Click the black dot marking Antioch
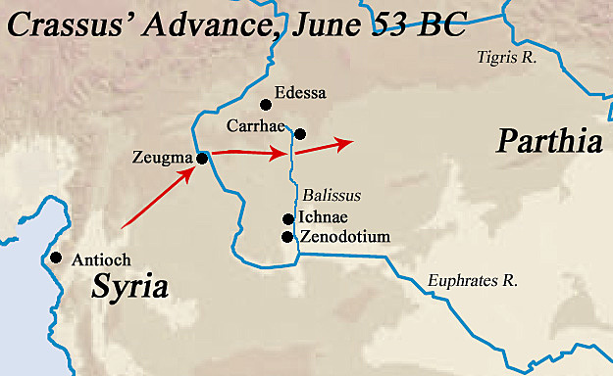click(x=56, y=258)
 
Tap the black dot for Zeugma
click(x=201, y=158)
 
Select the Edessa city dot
click(x=264, y=105)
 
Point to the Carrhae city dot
click(x=300, y=134)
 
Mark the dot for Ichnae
click(x=287, y=219)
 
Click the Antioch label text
click(x=99, y=259)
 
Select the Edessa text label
click(x=301, y=94)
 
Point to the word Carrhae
click(x=255, y=126)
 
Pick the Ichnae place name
click(x=323, y=217)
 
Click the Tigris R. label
click(x=507, y=59)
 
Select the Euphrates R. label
click(x=473, y=282)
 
